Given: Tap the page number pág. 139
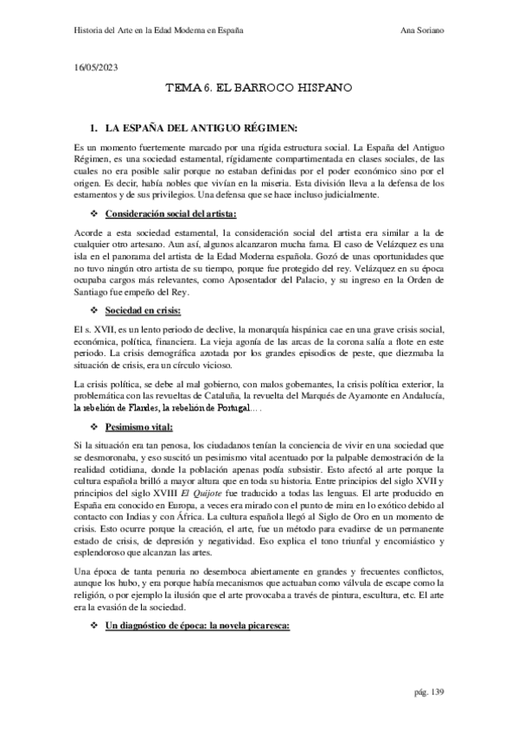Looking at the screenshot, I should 429,693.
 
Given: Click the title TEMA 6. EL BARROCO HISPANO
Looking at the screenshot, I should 258,88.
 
